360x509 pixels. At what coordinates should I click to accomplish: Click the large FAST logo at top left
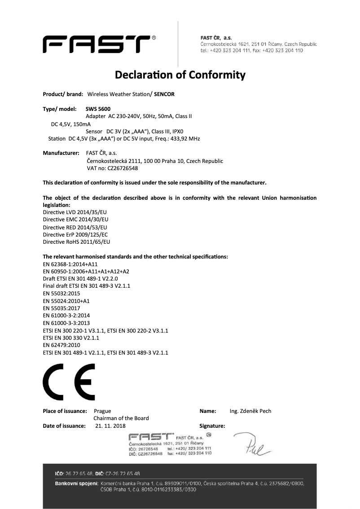[97, 44]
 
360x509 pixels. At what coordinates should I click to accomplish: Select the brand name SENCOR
[163, 94]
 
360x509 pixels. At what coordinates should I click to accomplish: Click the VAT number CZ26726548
[123, 168]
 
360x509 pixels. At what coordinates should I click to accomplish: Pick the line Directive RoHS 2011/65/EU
[76, 242]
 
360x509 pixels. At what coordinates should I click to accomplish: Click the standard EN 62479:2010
[61, 345]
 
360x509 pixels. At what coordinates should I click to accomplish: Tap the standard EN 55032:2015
[61, 293]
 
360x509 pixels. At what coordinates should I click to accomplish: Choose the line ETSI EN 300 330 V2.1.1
[71, 338]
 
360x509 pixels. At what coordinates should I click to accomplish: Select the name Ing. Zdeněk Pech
[250, 411]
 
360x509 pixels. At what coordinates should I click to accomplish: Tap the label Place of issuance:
[65, 411]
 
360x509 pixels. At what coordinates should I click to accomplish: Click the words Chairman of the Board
[121, 418]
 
